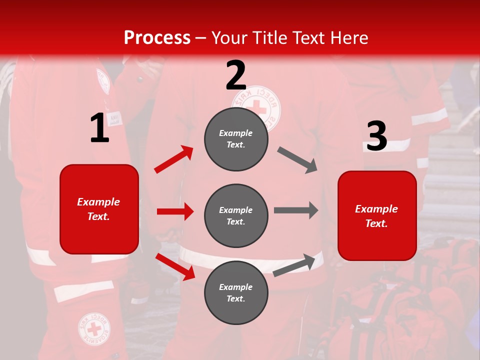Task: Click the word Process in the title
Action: (157, 38)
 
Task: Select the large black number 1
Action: (99, 129)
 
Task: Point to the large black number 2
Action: (236, 75)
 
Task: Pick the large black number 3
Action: (376, 136)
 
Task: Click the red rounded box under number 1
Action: (99, 209)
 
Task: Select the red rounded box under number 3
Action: (377, 216)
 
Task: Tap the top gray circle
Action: (236, 139)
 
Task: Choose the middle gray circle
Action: (236, 216)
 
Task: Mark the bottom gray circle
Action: (236, 293)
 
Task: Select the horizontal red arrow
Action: (175, 211)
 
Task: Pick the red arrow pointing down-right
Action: (175, 266)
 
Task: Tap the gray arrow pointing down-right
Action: (297, 160)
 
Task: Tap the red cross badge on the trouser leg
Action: (94, 329)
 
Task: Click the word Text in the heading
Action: (309, 38)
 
